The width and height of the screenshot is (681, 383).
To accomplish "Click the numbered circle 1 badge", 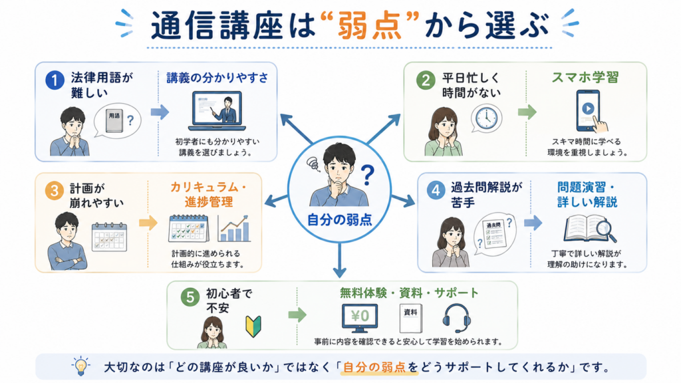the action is tap(55, 80).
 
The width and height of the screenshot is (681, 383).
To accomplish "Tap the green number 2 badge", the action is tap(426, 80).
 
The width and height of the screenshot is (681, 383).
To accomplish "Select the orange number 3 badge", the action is tap(55, 191).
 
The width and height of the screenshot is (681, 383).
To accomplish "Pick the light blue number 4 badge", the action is tap(436, 190).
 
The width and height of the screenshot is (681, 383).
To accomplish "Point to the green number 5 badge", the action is tap(190, 297).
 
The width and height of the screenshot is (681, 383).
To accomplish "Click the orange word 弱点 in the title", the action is tap(370, 26).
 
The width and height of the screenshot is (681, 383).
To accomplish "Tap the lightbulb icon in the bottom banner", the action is tap(80, 366).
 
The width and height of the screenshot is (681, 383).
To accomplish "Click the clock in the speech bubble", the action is tap(486, 117).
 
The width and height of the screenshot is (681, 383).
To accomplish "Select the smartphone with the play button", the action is tap(588, 110).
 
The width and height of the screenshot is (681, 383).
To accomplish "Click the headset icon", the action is tap(456, 318).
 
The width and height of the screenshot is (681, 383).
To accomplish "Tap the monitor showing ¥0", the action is tap(360, 318).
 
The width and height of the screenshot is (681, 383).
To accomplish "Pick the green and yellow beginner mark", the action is tap(253, 326).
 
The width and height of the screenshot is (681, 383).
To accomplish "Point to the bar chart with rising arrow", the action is tap(234, 229).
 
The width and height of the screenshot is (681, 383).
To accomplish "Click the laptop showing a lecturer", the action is tap(217, 111).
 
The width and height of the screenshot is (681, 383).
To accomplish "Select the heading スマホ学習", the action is tap(585, 78).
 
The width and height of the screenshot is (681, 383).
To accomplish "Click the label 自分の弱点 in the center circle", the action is tap(339, 219).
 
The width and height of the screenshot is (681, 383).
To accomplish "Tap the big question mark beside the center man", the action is tap(367, 175).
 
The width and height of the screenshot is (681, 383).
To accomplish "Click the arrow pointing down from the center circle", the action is tap(340, 260).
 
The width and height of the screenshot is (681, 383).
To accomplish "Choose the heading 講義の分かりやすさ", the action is tap(217, 78).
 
